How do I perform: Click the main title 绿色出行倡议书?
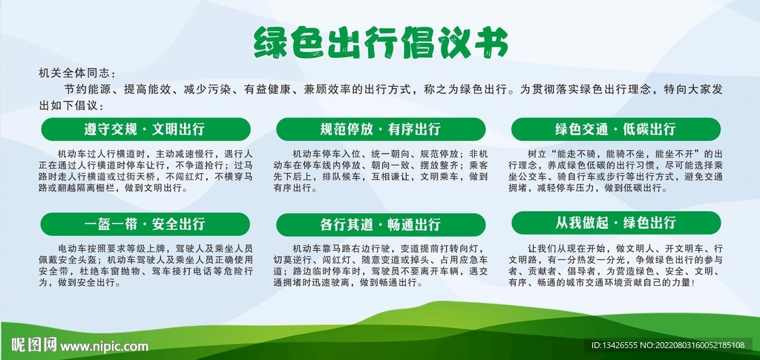point(380,42)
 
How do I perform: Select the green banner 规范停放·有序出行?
point(381,128)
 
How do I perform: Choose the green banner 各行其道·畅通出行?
point(381,224)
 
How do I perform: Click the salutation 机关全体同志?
point(77,73)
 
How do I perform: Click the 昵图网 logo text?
point(33,345)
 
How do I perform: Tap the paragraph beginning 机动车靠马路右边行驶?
point(381,265)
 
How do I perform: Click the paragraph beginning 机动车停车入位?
point(381,170)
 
